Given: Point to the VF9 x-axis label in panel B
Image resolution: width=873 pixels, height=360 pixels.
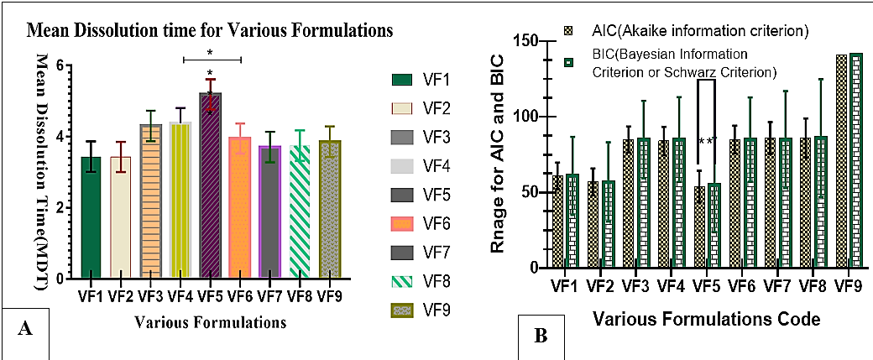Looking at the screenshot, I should point(849,286).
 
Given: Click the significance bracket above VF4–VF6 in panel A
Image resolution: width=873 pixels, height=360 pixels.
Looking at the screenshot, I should point(210,59).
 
